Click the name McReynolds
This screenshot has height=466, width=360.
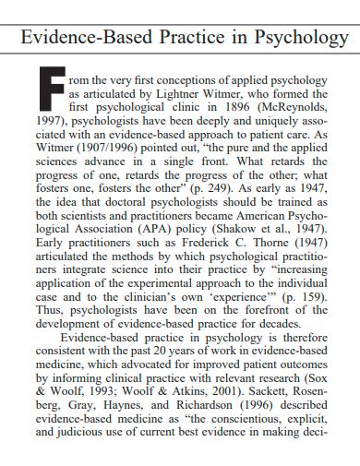pos(295,107)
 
